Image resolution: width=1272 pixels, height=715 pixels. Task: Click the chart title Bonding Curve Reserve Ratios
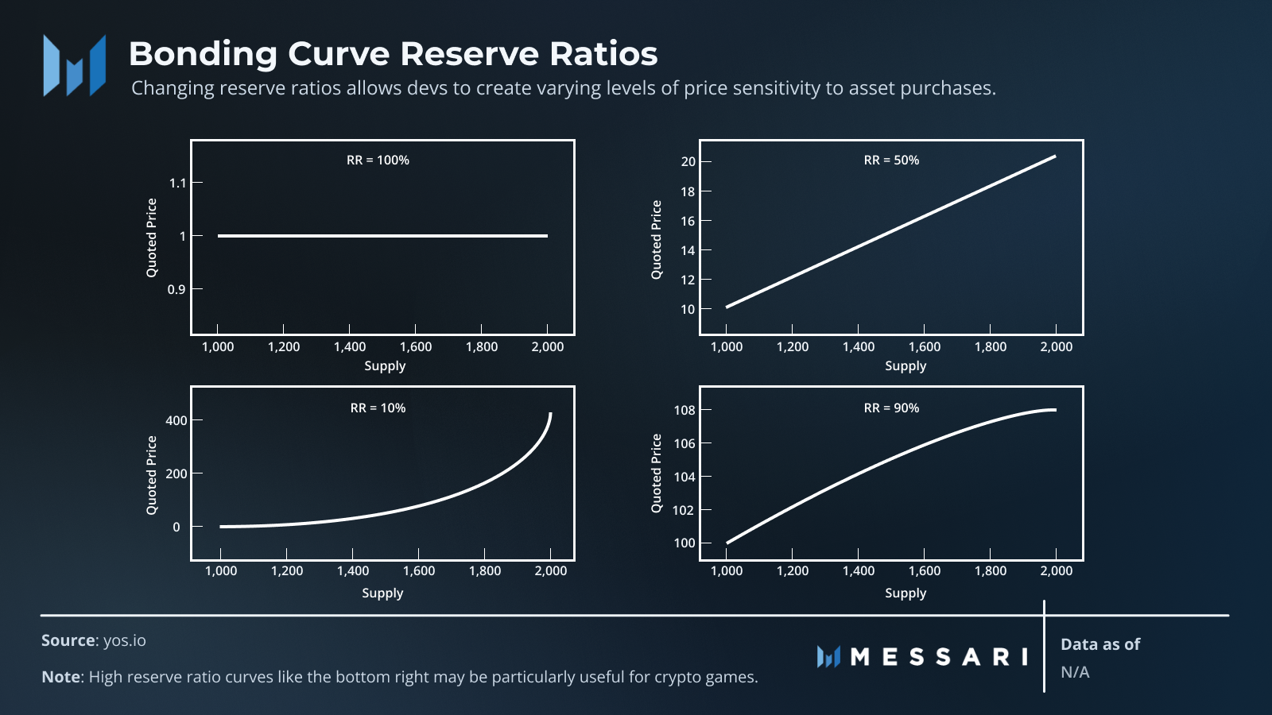(x=393, y=54)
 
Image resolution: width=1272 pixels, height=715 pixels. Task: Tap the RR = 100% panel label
(x=378, y=160)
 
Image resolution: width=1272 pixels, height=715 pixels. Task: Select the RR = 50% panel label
(x=891, y=160)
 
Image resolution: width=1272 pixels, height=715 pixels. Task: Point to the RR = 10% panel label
(x=378, y=408)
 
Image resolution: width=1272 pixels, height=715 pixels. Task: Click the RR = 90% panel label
(x=891, y=408)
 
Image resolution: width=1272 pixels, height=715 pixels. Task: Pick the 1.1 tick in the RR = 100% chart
(x=177, y=184)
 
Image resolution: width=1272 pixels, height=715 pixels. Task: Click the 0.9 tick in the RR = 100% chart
(x=176, y=290)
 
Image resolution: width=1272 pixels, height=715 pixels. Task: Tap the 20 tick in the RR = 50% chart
(x=688, y=162)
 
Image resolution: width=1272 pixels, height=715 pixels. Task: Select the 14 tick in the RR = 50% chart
(x=688, y=251)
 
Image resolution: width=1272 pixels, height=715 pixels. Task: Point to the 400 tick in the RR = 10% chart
(x=176, y=421)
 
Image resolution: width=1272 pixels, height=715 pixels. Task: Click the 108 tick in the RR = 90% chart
(x=684, y=411)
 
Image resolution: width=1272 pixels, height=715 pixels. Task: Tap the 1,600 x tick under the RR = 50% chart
(x=924, y=347)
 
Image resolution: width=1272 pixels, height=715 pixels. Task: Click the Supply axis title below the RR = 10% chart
(x=382, y=593)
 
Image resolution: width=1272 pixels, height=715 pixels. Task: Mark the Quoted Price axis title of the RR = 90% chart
(x=657, y=473)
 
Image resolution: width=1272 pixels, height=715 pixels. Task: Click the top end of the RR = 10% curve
(x=550, y=414)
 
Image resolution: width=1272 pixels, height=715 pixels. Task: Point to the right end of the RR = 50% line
(x=1055, y=157)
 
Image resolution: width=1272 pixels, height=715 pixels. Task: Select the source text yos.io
(x=125, y=641)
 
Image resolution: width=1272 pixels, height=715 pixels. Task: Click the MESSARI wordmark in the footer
(x=938, y=657)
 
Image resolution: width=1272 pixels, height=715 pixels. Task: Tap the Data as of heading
(x=1100, y=645)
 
